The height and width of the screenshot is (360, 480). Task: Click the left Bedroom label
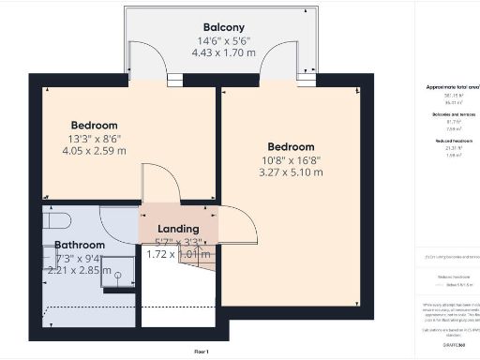95,126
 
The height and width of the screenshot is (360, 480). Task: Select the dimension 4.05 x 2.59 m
95,151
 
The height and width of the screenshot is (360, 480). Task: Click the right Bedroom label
291,146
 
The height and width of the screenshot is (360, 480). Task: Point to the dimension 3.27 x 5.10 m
291,172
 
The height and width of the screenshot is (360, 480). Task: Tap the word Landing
178,229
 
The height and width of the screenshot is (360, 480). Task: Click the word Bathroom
80,245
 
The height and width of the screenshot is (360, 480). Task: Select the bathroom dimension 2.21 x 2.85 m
80,270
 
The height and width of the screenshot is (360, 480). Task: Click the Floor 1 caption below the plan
201,352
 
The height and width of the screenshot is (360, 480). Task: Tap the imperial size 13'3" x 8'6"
95,139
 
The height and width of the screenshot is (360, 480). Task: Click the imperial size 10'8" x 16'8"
291,159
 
